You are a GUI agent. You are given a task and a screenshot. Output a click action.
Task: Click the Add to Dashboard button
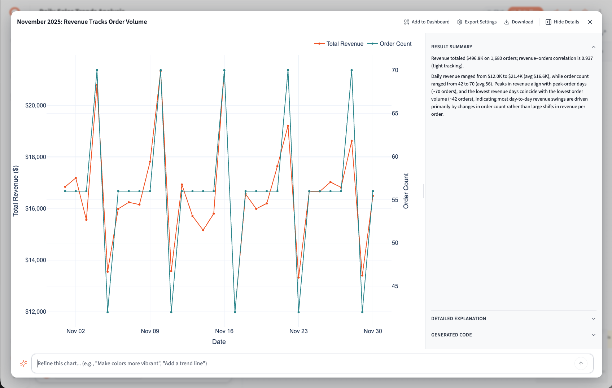click(427, 22)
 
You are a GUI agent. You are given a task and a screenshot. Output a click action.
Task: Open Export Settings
click(477, 22)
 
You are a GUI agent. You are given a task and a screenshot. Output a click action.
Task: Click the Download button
click(519, 22)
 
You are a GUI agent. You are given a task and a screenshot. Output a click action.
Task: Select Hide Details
click(562, 22)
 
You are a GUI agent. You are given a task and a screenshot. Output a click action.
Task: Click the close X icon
click(590, 22)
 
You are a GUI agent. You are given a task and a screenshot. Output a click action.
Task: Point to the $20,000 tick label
click(36, 105)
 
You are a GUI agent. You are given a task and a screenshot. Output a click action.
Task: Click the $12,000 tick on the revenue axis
click(36, 312)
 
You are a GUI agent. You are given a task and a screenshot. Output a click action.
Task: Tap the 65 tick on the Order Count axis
click(395, 114)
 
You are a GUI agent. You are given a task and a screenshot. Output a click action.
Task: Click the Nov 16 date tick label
click(224, 331)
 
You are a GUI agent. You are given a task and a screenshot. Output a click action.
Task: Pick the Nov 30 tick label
click(373, 331)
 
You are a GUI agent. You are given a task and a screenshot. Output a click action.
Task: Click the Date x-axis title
click(219, 342)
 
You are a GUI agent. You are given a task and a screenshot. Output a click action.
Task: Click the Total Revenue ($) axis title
click(16, 191)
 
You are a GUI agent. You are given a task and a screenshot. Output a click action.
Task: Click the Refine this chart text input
click(303, 363)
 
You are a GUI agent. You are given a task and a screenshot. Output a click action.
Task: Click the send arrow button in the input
click(581, 363)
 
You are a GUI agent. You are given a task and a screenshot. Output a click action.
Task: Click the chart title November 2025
click(82, 22)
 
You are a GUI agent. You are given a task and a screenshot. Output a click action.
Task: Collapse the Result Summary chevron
click(593, 47)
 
